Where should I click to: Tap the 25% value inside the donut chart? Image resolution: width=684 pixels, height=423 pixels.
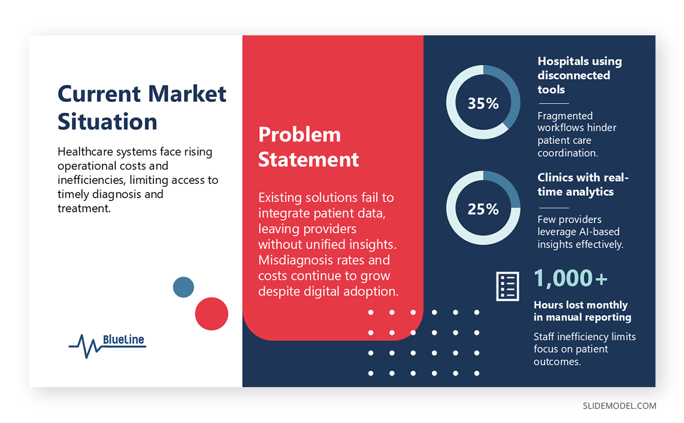click(483, 209)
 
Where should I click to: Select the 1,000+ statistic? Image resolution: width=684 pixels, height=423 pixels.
click(571, 278)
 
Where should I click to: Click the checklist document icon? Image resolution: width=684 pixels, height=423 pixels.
click(507, 286)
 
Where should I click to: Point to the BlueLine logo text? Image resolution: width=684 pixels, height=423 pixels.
click(124, 340)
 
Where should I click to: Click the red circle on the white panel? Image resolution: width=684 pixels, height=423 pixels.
click(211, 314)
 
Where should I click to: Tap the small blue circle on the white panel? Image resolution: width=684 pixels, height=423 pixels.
click(184, 287)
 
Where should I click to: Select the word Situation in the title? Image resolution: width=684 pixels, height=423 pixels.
click(107, 122)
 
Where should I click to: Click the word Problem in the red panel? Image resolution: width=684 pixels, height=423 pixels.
click(299, 135)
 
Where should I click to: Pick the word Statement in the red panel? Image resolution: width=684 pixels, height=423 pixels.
click(308, 159)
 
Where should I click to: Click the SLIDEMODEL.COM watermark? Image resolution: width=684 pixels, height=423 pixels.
click(619, 406)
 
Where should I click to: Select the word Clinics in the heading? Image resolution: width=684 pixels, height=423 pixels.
click(556, 178)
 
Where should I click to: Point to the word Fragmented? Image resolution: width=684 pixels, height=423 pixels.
click(565, 116)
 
